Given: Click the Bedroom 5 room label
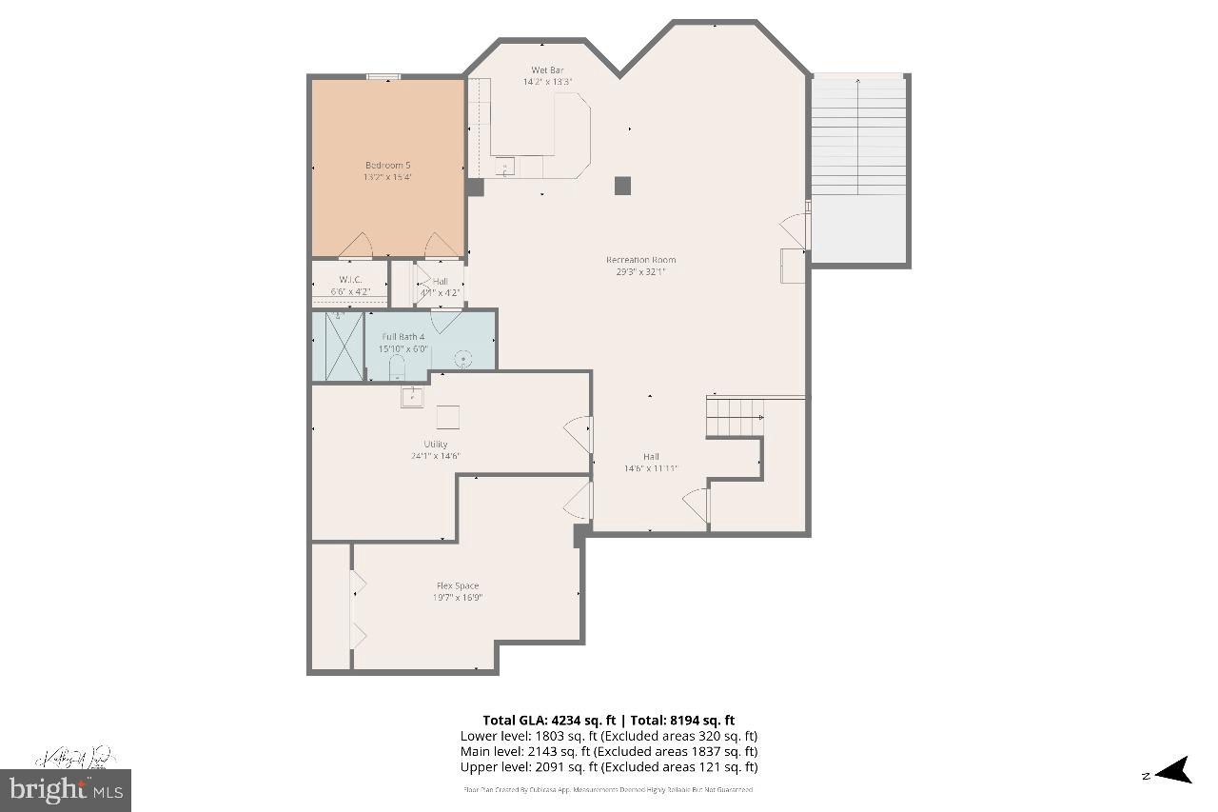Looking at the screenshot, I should (387, 166).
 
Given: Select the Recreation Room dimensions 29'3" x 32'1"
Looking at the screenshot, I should (640, 271).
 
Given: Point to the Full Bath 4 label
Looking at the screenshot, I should (403, 337).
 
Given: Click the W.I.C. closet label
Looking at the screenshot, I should (350, 280).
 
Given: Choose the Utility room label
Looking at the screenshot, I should (436, 445).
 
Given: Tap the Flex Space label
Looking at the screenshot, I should (458, 586).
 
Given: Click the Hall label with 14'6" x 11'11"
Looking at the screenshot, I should (651, 457).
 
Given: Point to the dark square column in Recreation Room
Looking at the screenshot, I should (622, 186).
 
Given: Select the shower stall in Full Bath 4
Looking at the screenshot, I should (339, 347).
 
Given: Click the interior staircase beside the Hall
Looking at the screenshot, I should (735, 417).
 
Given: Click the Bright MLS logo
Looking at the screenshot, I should (67, 789).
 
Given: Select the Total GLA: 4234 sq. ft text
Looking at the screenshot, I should (548, 721).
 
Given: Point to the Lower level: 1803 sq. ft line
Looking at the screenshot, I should (609, 736).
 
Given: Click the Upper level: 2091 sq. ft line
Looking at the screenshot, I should (609, 767).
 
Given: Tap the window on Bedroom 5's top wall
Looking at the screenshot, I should (383, 77).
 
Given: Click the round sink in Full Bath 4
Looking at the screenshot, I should (463, 359).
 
